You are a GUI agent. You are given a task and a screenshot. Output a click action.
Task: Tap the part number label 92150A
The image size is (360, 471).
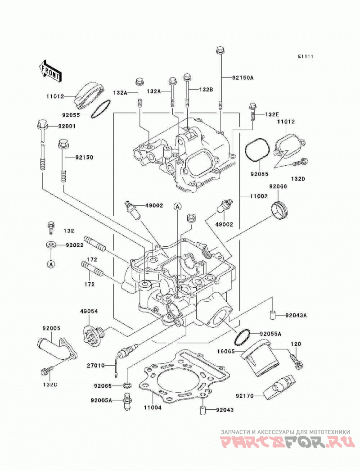tap(243, 77)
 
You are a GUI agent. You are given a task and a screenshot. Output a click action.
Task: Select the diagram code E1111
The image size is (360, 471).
tap(306, 56)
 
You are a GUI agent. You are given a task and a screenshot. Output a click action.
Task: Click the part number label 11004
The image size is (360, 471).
tap(152, 408)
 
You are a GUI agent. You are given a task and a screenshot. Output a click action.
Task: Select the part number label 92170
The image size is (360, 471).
tap(245, 396)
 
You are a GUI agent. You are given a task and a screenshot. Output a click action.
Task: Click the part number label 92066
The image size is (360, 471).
tap(278, 186)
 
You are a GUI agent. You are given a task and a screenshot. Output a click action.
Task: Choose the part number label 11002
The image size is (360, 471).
tap(258, 196)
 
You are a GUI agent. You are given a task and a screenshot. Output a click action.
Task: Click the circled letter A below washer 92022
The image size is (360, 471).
tap(51, 264)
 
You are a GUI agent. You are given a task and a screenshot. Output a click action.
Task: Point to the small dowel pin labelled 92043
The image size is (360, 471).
tap(202, 410)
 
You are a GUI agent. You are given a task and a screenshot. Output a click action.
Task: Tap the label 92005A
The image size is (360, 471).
tap(101, 400)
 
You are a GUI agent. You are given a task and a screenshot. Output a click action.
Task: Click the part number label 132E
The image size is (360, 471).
tap(272, 114)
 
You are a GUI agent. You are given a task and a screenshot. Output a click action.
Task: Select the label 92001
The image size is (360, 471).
tap(67, 126)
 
